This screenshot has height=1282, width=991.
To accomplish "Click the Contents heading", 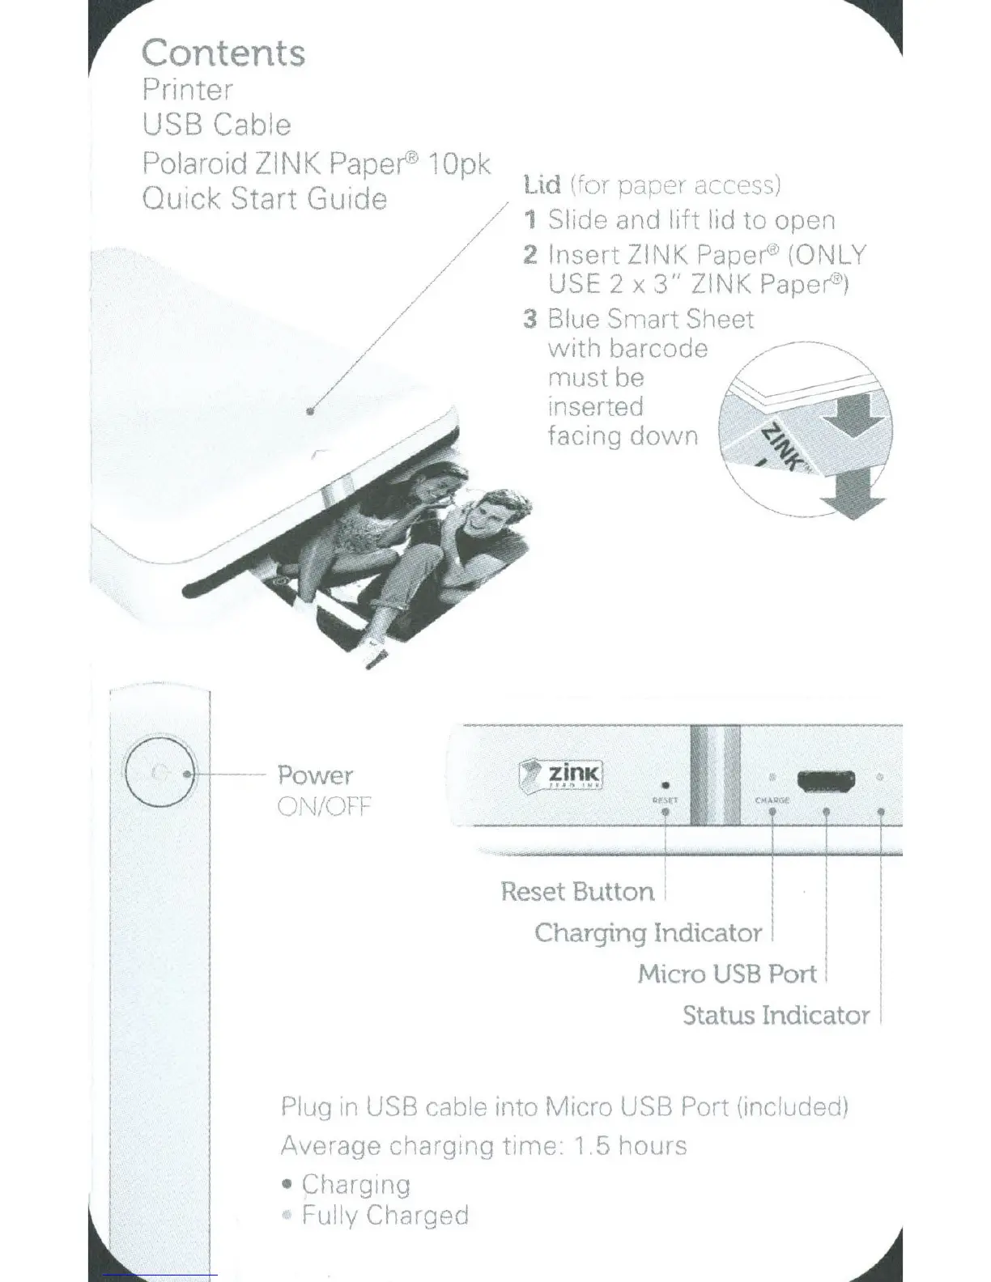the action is click(223, 53).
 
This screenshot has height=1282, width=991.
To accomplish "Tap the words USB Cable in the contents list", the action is click(216, 125).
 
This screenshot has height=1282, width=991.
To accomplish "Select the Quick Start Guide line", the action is click(264, 198).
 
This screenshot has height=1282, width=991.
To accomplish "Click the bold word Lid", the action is click(542, 185).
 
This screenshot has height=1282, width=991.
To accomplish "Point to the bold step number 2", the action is click(530, 255).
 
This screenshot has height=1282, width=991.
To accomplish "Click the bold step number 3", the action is click(530, 319).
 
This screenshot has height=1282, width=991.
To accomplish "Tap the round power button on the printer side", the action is click(159, 774).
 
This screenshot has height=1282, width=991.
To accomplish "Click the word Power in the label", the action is click(315, 775).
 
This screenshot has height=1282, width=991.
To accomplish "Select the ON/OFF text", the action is click(323, 806).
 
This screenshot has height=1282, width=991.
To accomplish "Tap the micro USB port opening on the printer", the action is click(826, 782).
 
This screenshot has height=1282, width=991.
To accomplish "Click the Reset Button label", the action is click(577, 891).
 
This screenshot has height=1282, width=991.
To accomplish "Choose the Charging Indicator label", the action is click(648, 932).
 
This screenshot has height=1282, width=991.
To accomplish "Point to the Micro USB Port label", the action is click(727, 973).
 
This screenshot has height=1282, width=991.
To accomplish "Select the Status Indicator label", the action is click(776, 1015).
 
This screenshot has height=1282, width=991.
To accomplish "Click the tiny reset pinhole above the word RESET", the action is click(666, 784).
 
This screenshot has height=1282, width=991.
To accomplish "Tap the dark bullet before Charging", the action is click(287, 1185).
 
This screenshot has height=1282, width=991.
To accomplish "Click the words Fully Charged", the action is click(385, 1215).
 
